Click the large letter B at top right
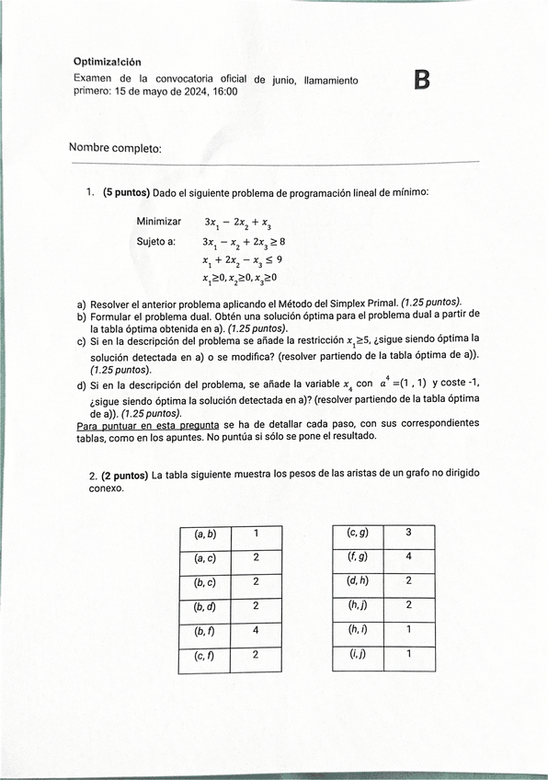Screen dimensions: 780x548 422,81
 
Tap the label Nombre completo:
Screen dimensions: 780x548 115,148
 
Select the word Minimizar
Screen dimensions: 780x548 159,222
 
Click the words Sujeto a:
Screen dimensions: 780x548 155,241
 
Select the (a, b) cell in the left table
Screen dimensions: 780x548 204,533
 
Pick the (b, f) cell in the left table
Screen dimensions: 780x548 204,631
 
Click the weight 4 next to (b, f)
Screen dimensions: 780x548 256,631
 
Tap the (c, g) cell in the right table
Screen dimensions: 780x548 357,533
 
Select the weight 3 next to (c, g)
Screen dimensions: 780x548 408,533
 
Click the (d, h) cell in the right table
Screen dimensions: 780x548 357,581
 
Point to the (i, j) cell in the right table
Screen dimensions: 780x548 357,655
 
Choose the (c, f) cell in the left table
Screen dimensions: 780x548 204,656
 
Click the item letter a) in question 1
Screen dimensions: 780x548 82,303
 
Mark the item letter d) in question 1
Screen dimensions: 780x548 82,384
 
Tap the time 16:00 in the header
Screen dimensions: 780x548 225,92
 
